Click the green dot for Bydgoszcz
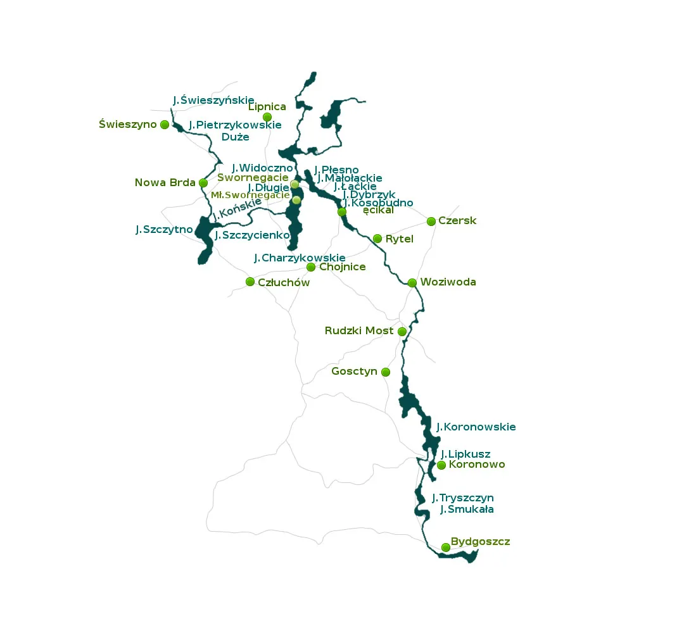[x=446, y=548]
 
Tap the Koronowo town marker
[x=441, y=465]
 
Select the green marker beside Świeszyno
[x=165, y=125]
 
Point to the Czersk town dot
[x=431, y=222]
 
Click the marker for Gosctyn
[x=386, y=372]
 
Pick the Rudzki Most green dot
[x=402, y=331]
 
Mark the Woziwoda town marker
[x=412, y=283]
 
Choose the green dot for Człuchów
[x=250, y=282]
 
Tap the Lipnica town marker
[x=267, y=117]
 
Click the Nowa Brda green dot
[x=203, y=183]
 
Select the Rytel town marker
[x=377, y=239]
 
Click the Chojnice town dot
[x=311, y=267]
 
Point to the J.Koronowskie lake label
[x=476, y=427]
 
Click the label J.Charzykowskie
[x=300, y=258]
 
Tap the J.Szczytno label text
[x=164, y=230]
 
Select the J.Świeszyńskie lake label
[x=213, y=100]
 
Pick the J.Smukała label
[x=467, y=509]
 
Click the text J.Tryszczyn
[x=463, y=498]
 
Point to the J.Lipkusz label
[x=465, y=454]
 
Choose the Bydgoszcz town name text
[x=480, y=542]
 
